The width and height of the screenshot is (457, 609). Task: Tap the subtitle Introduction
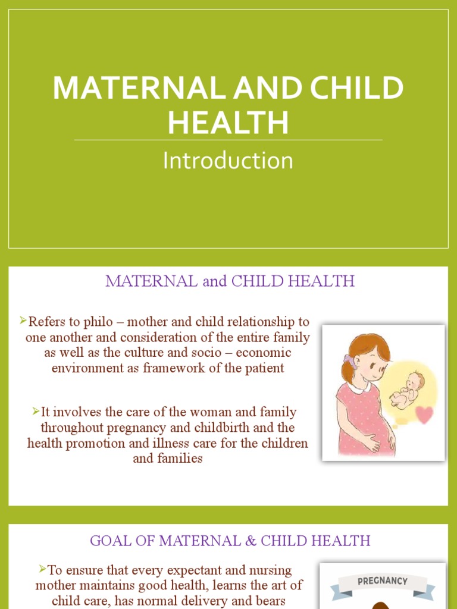point(228,161)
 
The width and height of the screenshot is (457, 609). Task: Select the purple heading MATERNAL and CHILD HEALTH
point(230,281)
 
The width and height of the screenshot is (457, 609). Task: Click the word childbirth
point(228,428)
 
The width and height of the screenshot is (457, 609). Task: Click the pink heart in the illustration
point(424,415)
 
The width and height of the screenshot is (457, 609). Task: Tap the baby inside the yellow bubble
point(408,389)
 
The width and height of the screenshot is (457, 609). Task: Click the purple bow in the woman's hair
point(349,361)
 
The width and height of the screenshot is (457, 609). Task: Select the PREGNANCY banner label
point(382,580)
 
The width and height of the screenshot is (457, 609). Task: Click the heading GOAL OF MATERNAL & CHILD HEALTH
point(230,541)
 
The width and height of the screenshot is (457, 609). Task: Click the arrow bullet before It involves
point(36,411)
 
